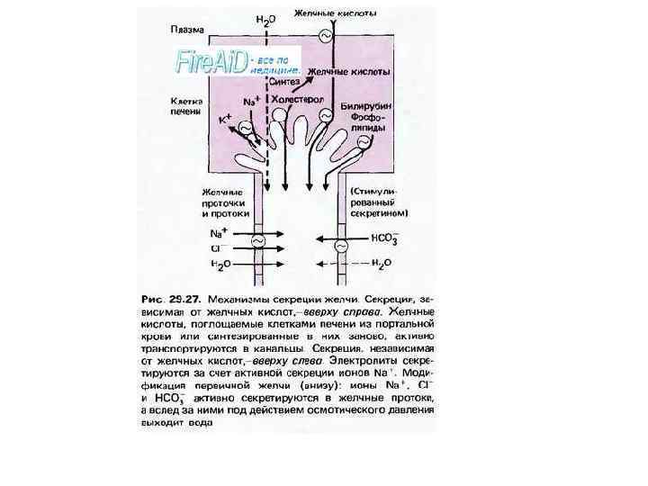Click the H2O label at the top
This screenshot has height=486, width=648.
click(265, 18)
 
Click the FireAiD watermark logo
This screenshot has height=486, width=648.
click(205, 62)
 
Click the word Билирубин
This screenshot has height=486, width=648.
click(363, 105)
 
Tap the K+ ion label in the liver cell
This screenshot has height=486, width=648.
click(225, 118)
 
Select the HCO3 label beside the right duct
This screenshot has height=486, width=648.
click(385, 241)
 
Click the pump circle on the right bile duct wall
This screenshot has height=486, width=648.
click(341, 245)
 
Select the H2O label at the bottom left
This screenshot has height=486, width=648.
click(219, 264)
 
